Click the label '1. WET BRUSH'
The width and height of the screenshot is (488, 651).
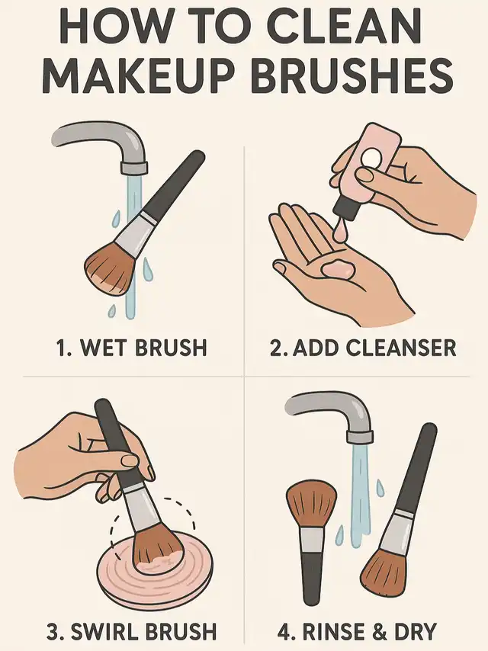[x=131, y=348]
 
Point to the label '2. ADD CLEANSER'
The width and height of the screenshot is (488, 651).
[x=363, y=348]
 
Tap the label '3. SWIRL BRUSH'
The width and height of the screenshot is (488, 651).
[x=131, y=631]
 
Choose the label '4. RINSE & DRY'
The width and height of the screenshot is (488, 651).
[x=357, y=631]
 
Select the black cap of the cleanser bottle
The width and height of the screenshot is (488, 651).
[x=346, y=207]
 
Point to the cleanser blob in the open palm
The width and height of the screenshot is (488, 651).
[x=338, y=269]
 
